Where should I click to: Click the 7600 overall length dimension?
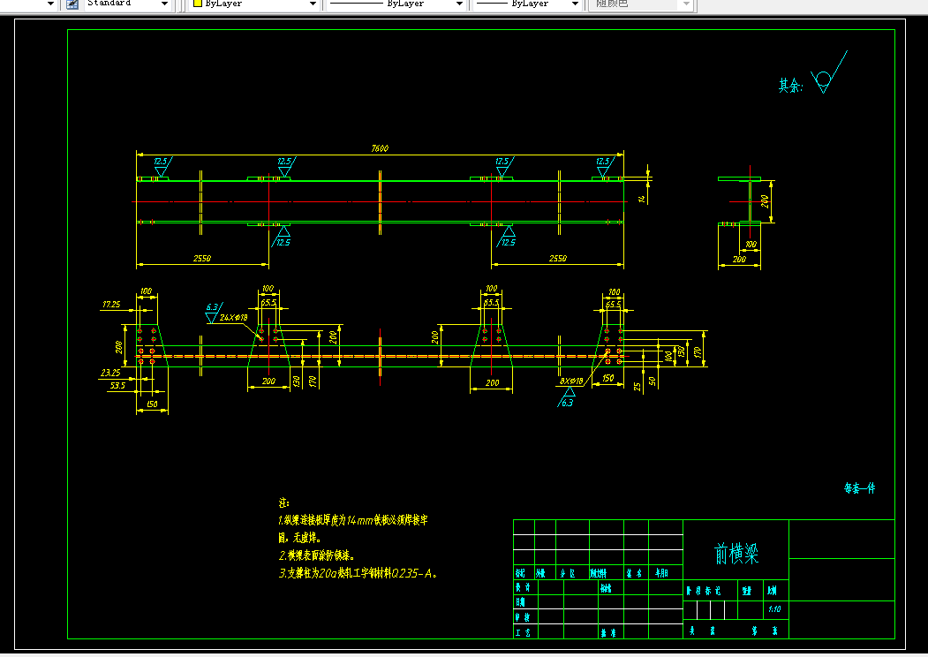pos(380,148)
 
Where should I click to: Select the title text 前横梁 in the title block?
pos(736,554)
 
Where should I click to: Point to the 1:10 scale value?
pos(774,609)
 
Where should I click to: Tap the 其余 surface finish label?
pos(789,86)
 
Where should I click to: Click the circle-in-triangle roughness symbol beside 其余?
pos(823,79)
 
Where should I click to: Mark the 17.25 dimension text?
pos(111,305)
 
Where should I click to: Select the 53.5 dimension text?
pos(117,386)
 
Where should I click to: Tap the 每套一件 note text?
pos(859,488)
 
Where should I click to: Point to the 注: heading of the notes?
pos(283,502)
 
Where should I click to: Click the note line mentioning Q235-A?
pos(358,573)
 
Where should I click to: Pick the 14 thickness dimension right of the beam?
pos(643,199)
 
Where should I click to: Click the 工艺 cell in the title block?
pos(524,632)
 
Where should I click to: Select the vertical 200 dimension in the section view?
pos(766,201)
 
